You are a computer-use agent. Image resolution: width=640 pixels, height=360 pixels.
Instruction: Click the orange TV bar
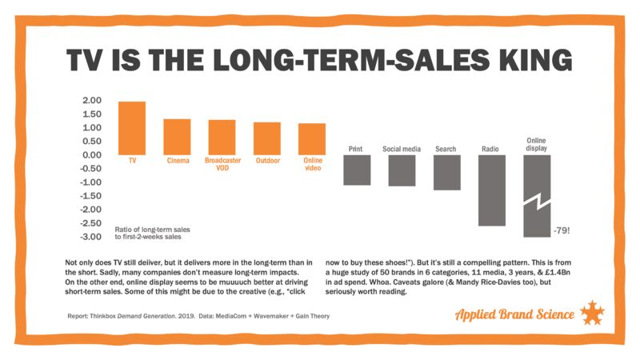point(132,128)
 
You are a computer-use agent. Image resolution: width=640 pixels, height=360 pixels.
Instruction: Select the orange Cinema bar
point(177,137)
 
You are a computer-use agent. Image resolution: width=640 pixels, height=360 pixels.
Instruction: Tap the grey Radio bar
point(491,190)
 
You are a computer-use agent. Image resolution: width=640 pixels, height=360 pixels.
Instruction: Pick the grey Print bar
point(357,170)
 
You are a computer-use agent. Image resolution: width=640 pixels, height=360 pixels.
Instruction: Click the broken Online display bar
point(536,195)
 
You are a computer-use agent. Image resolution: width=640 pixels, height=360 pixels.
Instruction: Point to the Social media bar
point(402,170)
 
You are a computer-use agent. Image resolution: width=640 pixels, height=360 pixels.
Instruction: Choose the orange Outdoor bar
point(267,138)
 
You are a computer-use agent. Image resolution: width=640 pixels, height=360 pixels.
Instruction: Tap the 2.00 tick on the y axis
point(91,101)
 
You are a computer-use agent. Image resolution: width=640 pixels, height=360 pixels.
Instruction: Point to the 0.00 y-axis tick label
point(91,155)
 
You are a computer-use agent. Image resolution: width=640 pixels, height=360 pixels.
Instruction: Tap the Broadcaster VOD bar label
point(222,165)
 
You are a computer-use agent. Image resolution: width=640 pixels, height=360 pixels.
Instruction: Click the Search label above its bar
point(446,149)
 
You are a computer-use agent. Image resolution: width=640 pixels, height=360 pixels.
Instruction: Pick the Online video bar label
point(312,165)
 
